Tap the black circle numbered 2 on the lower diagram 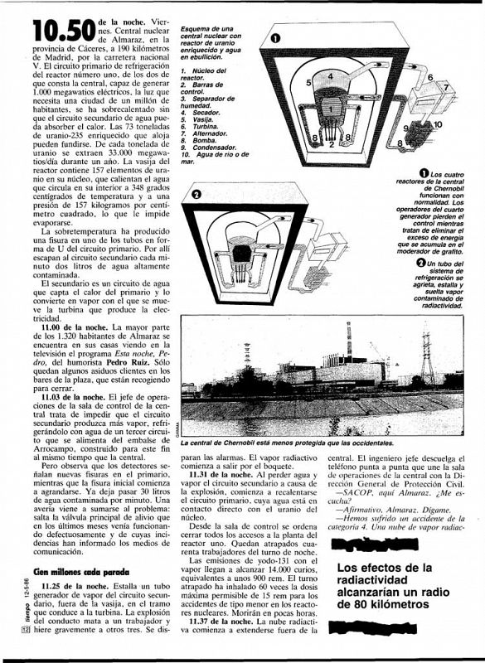click(196, 195)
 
